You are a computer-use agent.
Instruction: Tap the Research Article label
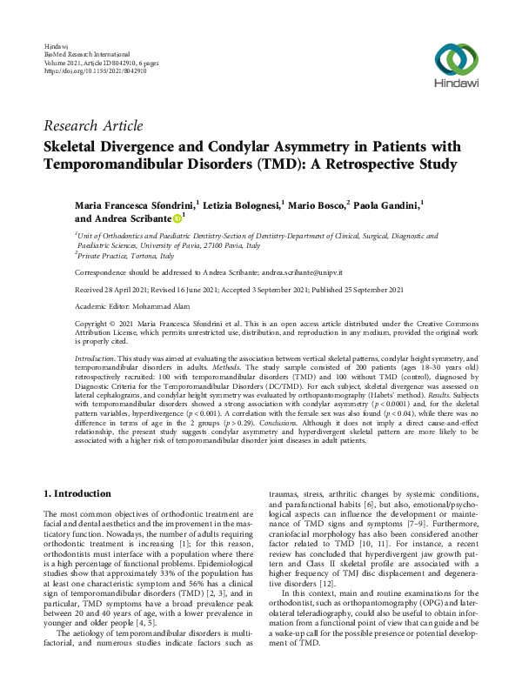93,126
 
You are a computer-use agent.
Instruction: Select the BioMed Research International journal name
87,53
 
